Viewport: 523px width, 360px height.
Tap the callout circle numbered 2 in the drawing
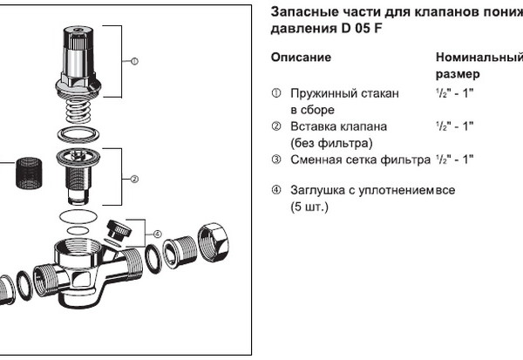point(135,180)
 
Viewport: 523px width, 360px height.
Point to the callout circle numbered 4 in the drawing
point(157,234)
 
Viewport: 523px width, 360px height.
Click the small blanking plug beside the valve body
point(115,232)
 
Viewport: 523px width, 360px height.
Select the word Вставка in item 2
point(313,126)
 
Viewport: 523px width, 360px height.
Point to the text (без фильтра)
point(330,143)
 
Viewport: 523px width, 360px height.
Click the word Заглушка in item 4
point(320,191)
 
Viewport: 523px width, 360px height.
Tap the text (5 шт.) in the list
point(309,207)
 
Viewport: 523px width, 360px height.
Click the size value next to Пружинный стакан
point(454,93)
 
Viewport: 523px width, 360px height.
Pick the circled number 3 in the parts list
point(275,160)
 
